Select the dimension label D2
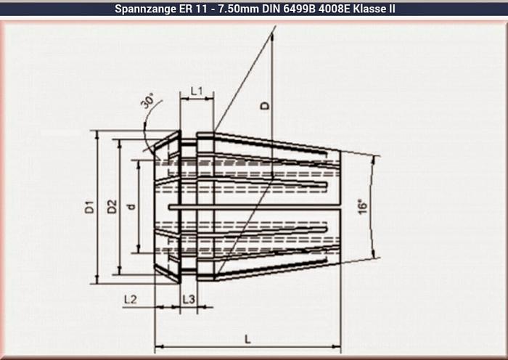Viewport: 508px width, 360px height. click(112, 206)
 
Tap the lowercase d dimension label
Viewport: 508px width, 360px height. click(131, 206)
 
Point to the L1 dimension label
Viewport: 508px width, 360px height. click(197, 91)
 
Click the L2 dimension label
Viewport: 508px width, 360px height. click(130, 299)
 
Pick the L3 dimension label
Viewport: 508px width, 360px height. click(188, 299)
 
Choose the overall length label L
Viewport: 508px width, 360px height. click(248, 338)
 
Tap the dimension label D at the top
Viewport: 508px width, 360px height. click(265, 105)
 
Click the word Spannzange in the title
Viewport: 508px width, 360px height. click(144, 9)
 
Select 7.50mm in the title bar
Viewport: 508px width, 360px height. click(225, 9)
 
